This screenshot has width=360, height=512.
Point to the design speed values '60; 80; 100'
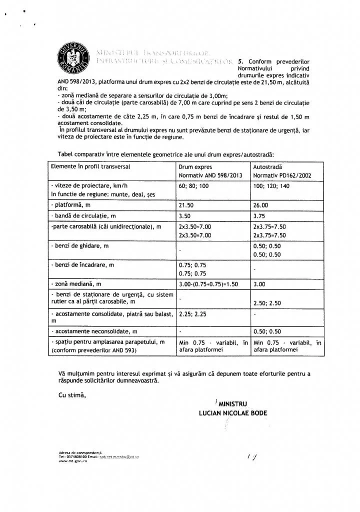194,185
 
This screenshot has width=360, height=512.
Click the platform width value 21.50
187,205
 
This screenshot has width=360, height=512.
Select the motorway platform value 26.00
261,205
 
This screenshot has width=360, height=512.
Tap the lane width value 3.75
260,216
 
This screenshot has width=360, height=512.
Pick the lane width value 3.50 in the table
185,216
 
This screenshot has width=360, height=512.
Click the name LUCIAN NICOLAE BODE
232,413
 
